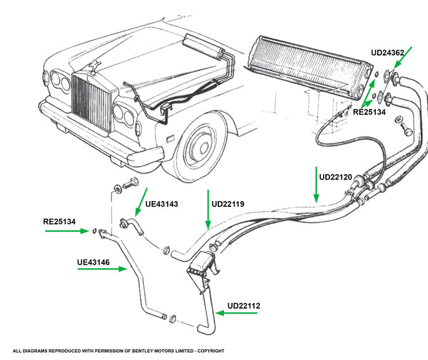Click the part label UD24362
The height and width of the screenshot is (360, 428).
[x=387, y=53]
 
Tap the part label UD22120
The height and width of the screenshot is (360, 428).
[x=335, y=177]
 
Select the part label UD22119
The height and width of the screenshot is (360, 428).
[x=228, y=204]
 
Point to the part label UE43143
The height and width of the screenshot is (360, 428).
[x=162, y=204]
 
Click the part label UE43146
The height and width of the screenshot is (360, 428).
[x=93, y=262]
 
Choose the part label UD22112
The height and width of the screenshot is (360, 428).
[x=244, y=306]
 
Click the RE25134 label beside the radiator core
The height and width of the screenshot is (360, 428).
[x=370, y=112]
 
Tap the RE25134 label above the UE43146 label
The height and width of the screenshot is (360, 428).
[x=59, y=222]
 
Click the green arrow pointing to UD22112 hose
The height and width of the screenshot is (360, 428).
[x=236, y=313]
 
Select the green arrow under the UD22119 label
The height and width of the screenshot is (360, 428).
[x=208, y=210]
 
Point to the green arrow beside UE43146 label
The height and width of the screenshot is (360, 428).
[x=102, y=269]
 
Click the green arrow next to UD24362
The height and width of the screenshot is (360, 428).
[x=402, y=58]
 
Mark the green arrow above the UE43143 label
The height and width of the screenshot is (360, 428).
[x=141, y=202]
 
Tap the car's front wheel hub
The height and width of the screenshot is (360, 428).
[x=203, y=148]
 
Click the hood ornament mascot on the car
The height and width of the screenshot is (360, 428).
[x=94, y=67]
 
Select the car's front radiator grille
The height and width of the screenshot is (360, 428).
[x=91, y=101]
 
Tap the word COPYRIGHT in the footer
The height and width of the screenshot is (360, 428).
[x=210, y=351]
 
